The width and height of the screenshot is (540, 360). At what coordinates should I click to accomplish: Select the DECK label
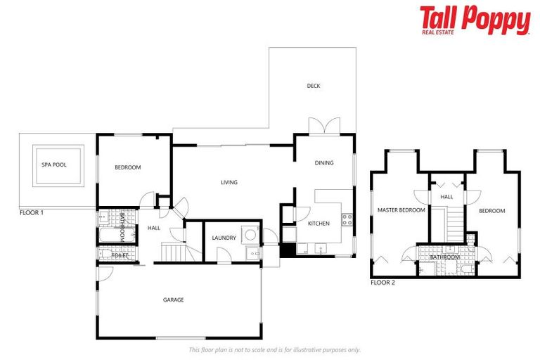point(314,86)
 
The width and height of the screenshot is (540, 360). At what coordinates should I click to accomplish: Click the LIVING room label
point(229,183)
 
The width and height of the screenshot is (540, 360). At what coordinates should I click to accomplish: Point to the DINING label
point(324,163)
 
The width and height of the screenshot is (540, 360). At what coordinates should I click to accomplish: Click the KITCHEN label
point(319,224)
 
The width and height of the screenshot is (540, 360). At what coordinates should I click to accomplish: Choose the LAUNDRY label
point(224,238)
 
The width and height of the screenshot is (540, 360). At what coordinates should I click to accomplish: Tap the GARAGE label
point(174,300)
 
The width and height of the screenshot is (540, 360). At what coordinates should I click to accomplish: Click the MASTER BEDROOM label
point(401,210)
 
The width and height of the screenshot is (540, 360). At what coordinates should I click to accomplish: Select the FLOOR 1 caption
point(33,212)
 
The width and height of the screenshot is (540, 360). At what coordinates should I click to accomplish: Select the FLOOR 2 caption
point(383,283)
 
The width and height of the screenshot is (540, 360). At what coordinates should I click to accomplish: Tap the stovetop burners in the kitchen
point(347,219)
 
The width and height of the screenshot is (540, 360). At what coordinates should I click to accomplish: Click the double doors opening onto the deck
point(324,127)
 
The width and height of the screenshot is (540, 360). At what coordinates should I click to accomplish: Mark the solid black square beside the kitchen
point(287,250)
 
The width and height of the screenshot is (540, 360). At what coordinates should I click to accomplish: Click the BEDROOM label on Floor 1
point(128,167)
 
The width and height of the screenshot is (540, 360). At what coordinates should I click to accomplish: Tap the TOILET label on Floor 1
point(119,256)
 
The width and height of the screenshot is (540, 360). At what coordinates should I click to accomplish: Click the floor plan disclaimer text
point(275,349)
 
